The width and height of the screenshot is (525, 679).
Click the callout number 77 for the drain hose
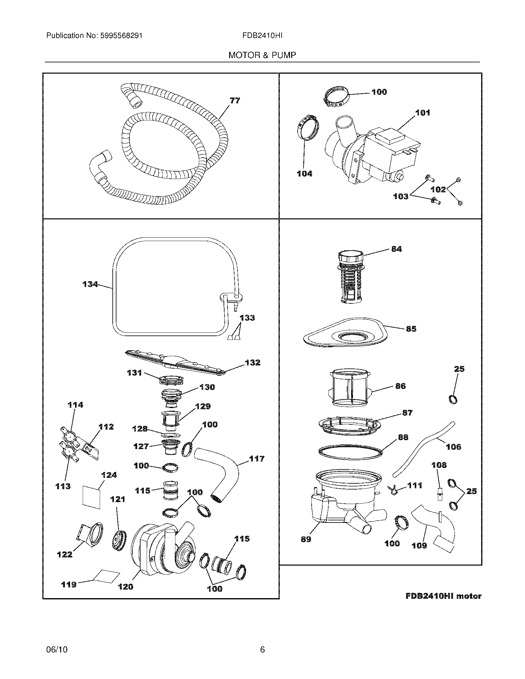pos(235,101)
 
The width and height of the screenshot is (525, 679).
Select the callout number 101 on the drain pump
pos(423,113)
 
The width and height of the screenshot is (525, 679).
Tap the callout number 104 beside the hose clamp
pos(304,174)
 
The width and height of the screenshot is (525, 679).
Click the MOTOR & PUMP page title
pos(262,55)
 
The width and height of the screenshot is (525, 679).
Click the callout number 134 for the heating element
pos(90,284)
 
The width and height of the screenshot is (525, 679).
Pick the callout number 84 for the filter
pos(396,249)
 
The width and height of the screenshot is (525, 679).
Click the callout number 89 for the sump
pos(306,539)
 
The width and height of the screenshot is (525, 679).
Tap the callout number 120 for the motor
pos(125,586)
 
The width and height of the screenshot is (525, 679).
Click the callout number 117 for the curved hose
pos(257,459)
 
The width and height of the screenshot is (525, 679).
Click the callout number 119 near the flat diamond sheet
pos(69,585)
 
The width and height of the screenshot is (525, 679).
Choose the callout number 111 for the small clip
pos(414,485)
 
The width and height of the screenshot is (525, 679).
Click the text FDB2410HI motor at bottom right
pos(443,596)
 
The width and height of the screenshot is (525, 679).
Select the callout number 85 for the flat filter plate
pos(411,329)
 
